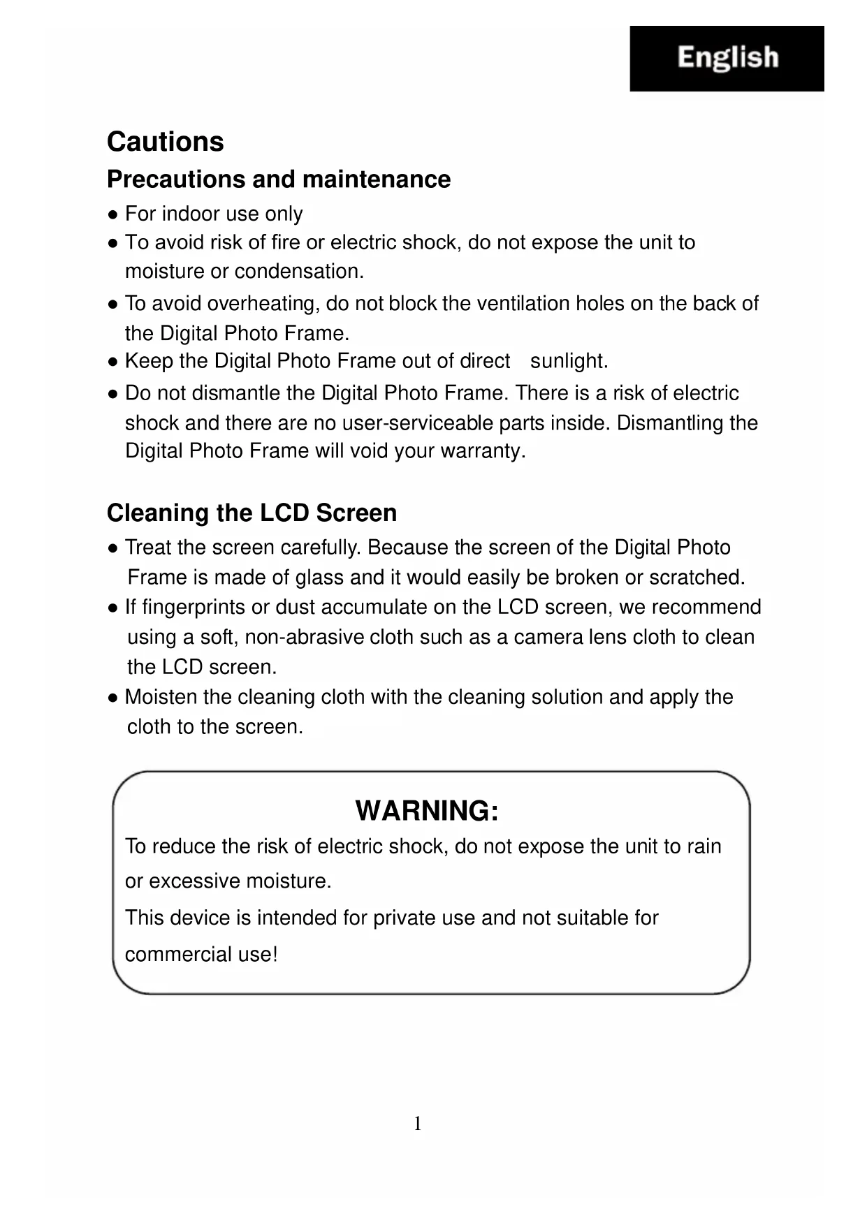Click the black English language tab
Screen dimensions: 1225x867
coord(727,59)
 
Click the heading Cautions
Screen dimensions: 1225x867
coord(165,142)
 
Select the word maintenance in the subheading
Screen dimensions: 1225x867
coord(377,179)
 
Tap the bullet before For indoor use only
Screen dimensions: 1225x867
coord(112,214)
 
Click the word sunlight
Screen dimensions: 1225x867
coord(568,361)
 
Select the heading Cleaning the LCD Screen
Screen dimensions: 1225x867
coord(252,513)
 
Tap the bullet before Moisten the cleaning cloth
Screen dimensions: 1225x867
coord(112,698)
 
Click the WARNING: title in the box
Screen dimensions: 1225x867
coord(427,811)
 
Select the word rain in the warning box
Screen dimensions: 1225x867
coord(704,846)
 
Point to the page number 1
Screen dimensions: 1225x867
coord(418,1124)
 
